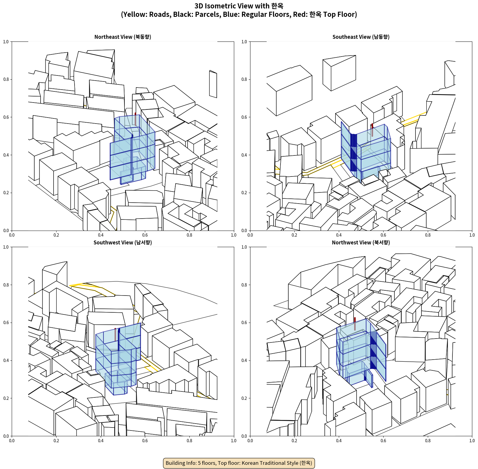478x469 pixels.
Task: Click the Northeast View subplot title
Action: [123, 37]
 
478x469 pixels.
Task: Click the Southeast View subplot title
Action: [361, 37]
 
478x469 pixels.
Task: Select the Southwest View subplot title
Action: [123, 242]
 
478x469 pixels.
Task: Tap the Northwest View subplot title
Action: [361, 242]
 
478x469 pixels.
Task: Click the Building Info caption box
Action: [239, 463]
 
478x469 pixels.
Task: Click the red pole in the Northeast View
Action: [136, 119]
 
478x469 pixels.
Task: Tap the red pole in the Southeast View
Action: [372, 130]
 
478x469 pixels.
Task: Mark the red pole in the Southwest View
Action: [115, 334]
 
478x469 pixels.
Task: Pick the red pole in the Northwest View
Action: [355, 324]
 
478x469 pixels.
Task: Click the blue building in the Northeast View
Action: [132, 149]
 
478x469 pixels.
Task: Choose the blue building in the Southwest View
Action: [118, 359]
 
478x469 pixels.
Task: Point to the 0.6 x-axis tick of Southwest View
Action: [145, 441]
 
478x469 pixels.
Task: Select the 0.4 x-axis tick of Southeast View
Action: [339, 235]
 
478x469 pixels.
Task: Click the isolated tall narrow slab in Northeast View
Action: [213, 84]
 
